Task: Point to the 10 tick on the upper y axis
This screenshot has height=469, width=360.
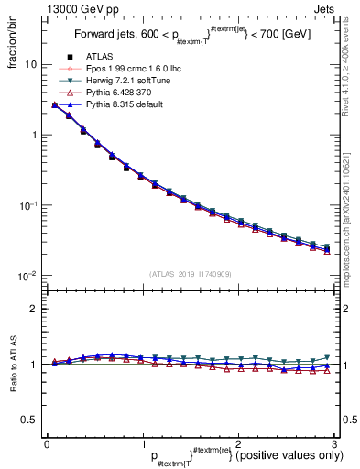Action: [30, 65]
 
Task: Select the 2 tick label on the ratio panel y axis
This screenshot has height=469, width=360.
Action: [34, 310]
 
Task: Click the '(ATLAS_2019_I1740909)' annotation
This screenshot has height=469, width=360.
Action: [190, 274]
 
